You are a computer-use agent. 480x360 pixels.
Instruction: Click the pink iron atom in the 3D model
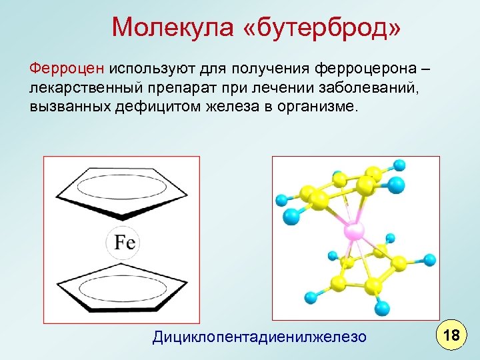pos(353,231)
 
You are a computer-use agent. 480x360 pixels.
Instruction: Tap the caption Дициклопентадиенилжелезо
pos(259,337)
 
